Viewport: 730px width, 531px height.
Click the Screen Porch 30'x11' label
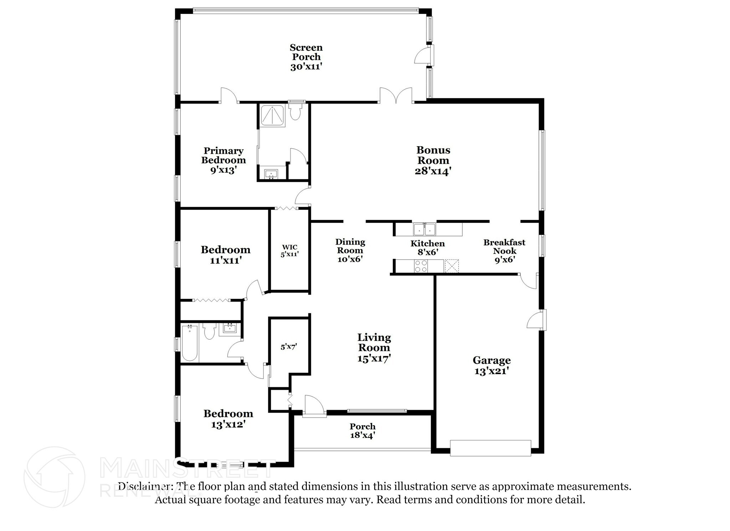pyautogui.click(x=306, y=57)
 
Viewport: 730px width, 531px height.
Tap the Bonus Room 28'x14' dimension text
pyautogui.click(x=433, y=171)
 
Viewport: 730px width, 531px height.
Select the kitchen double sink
pyautogui.click(x=425, y=229)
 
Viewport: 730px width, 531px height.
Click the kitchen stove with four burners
pyautogui.click(x=421, y=266)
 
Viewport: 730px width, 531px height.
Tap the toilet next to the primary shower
pyautogui.click(x=295, y=112)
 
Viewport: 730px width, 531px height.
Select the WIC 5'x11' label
pyautogui.click(x=289, y=251)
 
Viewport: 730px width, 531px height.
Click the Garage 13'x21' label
pyautogui.click(x=491, y=366)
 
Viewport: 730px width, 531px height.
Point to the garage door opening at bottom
pyautogui.click(x=490, y=448)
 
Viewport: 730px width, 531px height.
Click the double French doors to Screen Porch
pyautogui.click(x=396, y=96)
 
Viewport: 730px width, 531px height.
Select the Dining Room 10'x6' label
pyautogui.click(x=350, y=250)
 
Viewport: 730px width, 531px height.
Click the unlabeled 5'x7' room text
pyautogui.click(x=289, y=347)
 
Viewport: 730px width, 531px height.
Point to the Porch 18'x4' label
pyautogui.click(x=363, y=431)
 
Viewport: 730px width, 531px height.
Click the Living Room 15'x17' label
pyautogui.click(x=374, y=347)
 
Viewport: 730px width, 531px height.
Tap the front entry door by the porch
pyautogui.click(x=314, y=407)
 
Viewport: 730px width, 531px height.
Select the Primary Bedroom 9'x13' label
pyautogui.click(x=223, y=160)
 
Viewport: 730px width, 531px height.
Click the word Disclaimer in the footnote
pyautogui.click(x=143, y=486)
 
